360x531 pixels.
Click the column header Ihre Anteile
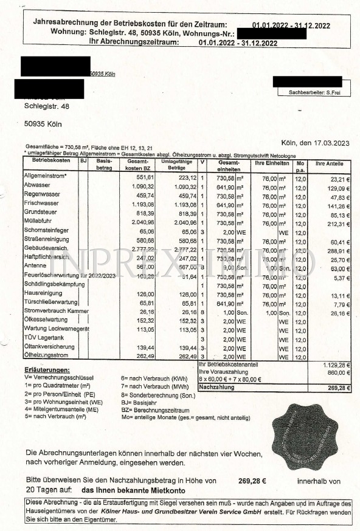tap(330, 164)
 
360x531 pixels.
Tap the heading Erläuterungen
tap(47, 370)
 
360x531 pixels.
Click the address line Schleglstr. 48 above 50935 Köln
tap(46, 106)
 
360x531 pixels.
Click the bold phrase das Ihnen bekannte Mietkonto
tap(133, 490)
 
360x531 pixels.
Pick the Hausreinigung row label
tap(44, 293)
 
